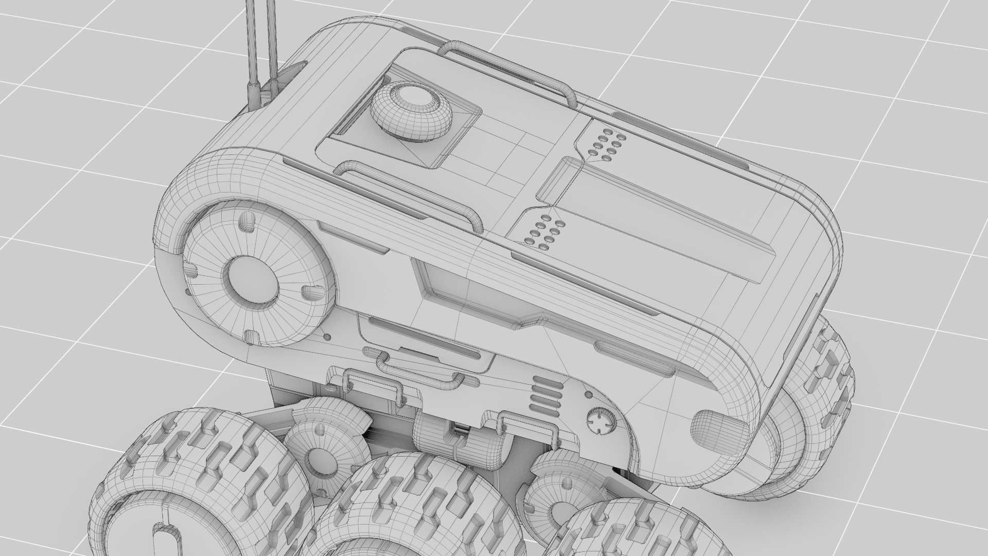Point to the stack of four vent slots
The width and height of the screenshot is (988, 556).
coord(545,395)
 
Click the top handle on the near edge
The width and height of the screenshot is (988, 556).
coord(412,192)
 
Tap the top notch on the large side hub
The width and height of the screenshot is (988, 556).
coord(247,223)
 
